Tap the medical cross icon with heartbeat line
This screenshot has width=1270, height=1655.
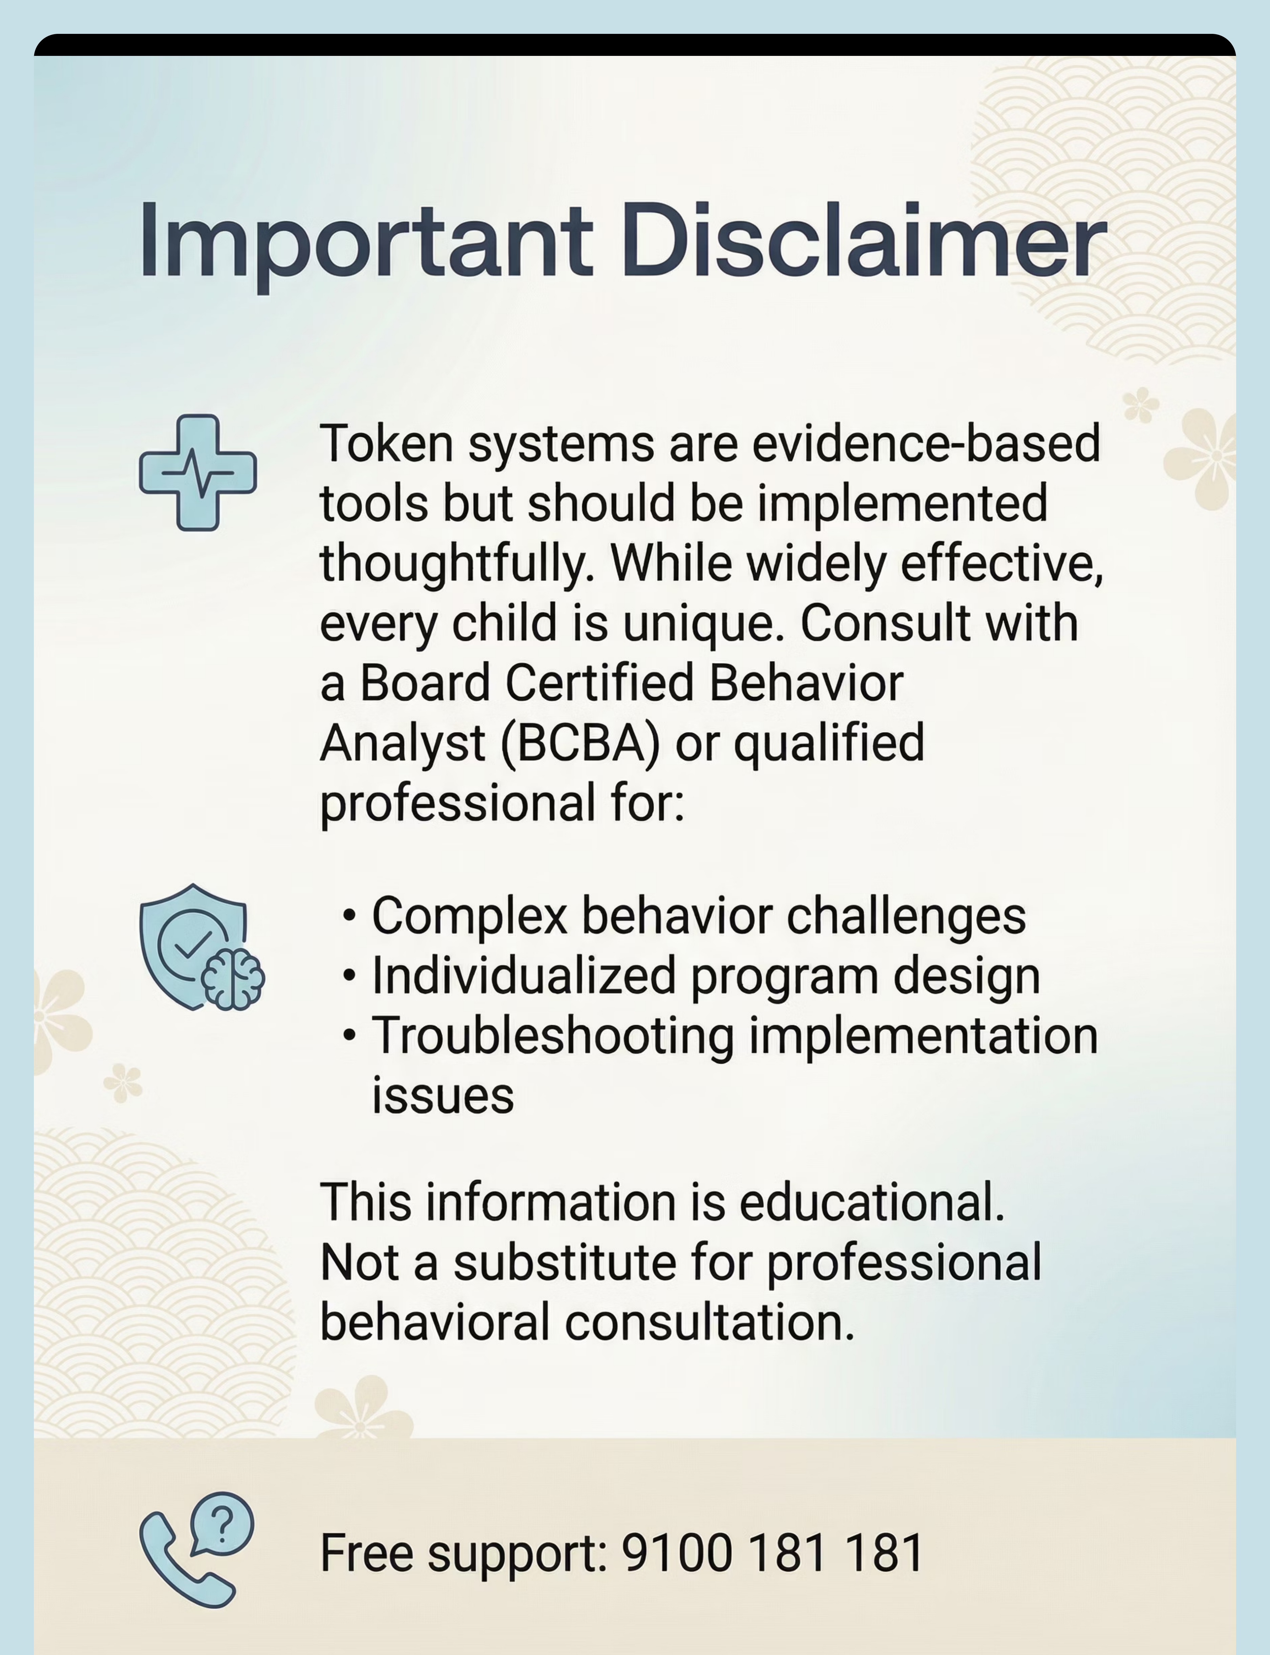coord(198,472)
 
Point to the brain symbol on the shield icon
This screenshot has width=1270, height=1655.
coord(233,980)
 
